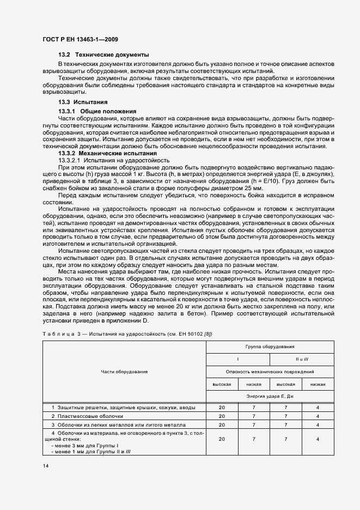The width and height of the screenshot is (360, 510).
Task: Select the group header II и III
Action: [302, 359]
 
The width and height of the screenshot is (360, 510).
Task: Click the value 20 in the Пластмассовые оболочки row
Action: [222, 416]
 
